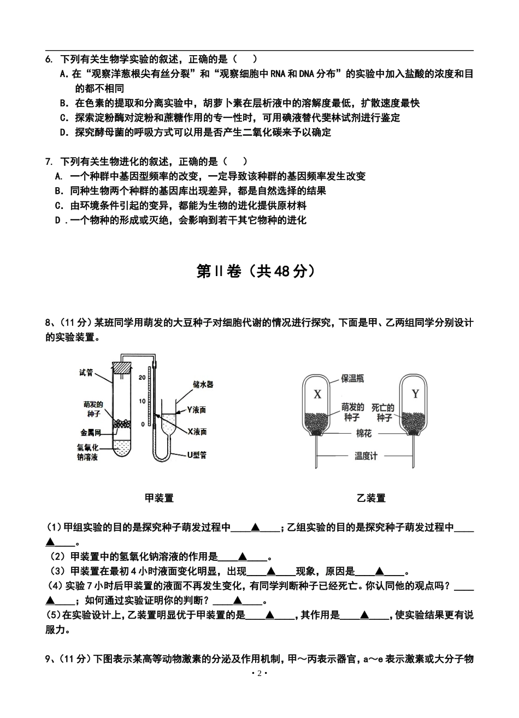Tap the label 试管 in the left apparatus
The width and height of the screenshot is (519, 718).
(86, 373)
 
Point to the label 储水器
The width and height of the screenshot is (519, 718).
(203, 384)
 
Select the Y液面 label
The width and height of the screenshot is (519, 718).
(196, 409)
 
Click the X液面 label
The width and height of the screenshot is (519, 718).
(197, 432)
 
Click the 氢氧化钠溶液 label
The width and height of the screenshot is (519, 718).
(87, 452)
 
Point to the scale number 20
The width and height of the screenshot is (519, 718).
(143, 377)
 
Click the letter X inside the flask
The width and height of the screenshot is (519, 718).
(317, 394)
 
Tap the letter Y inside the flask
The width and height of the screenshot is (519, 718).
(415, 394)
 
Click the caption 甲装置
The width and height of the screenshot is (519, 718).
(159, 498)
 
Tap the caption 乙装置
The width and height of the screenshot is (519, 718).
(371, 498)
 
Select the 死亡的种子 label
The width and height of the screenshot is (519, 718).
(383, 413)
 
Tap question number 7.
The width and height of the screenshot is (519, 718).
(49, 161)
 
